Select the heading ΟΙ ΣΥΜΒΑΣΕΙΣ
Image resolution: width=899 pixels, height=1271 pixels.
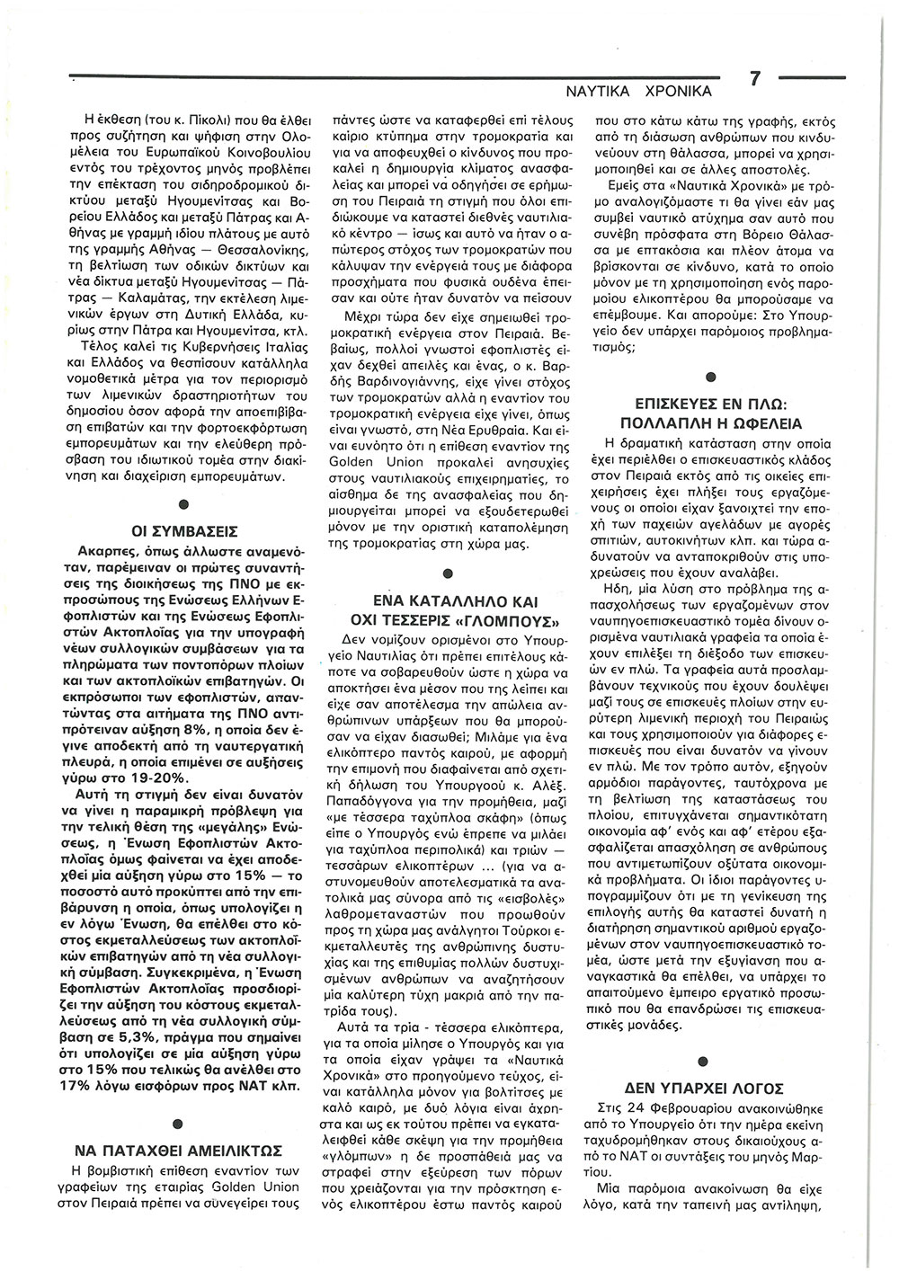click(x=184, y=531)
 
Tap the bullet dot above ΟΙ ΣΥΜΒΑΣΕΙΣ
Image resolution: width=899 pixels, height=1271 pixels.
click(x=183, y=503)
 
